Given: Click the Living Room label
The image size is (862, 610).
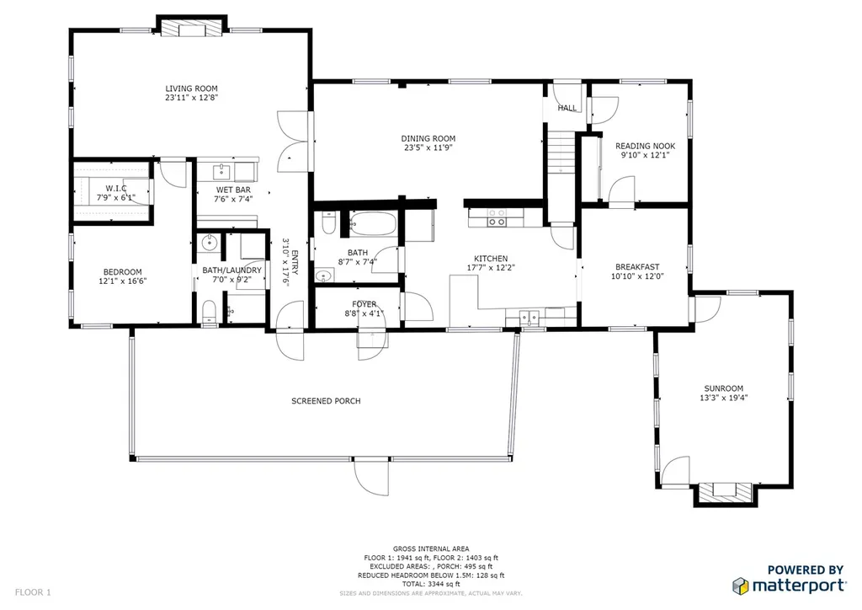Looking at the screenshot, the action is click(x=191, y=88).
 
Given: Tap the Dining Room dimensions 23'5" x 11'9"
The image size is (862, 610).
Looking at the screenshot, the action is click(x=428, y=147).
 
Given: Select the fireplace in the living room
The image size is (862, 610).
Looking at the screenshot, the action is click(x=191, y=29).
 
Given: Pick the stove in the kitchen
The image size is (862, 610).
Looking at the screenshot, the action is click(x=498, y=217).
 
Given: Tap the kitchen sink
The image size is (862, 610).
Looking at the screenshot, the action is click(x=529, y=318).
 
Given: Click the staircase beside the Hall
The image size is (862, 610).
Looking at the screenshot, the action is click(x=560, y=152).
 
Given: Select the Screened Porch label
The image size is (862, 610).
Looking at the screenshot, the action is click(x=326, y=401).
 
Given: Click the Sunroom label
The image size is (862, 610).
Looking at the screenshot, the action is click(x=723, y=388).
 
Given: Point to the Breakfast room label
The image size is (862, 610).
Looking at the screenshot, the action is click(x=637, y=267).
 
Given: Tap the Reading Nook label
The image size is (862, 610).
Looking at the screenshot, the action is click(x=645, y=146).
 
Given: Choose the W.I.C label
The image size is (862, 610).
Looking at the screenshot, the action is click(x=116, y=188).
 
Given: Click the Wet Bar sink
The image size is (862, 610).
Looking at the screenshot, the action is click(x=221, y=172).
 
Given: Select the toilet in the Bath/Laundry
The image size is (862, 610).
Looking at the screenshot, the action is click(x=209, y=312).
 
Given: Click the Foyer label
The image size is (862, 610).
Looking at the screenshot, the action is click(x=364, y=304).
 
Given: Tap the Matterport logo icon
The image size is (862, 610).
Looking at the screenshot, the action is click(x=741, y=586).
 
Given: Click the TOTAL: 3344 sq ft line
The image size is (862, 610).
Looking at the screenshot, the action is click(x=430, y=584).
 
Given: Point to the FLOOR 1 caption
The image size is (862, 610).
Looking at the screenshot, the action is click(x=33, y=592).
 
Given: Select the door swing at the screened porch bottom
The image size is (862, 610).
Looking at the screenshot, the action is click(x=371, y=476).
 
